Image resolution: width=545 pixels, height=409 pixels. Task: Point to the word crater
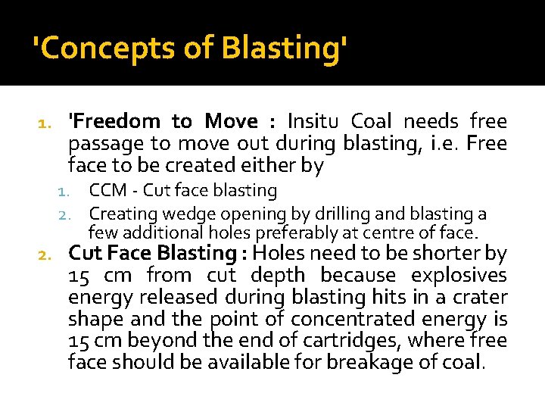tap(478, 298)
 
